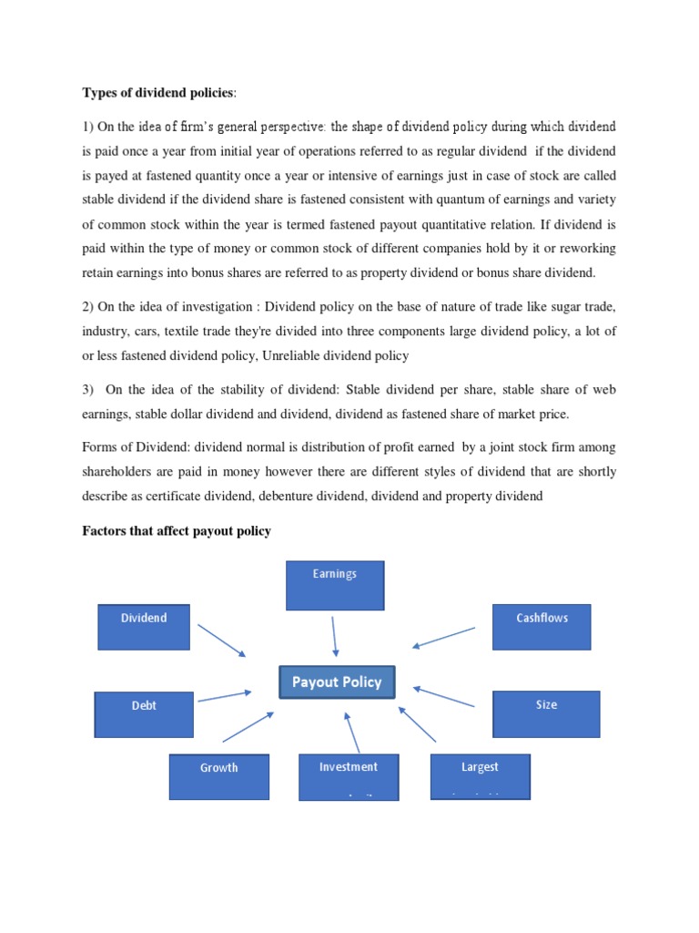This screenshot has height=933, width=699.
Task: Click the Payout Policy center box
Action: point(336,682)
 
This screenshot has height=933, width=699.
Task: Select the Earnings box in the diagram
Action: point(335,585)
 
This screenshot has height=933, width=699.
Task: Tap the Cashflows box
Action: point(542,627)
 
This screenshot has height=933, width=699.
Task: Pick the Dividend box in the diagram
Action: point(144,627)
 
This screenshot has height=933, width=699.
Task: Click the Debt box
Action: point(144,714)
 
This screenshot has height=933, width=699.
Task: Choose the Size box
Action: point(546,714)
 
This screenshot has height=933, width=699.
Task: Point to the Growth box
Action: point(218,776)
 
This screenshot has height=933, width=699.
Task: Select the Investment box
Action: point(348,776)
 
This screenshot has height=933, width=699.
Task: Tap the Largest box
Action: point(480,776)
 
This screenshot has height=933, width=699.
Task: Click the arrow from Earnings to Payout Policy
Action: point(334,636)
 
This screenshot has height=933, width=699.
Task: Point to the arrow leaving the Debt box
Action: point(224,696)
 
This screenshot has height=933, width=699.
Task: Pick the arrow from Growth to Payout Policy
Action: point(248,727)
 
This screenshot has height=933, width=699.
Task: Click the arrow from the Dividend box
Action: point(221,640)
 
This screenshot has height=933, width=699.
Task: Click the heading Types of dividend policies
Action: point(158,92)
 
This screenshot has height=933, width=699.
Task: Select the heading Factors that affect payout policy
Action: point(177,531)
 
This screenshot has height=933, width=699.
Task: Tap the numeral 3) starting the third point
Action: point(88,390)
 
